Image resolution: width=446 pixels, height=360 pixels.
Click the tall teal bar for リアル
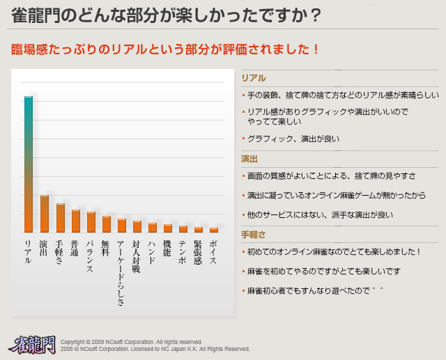pos(29,164)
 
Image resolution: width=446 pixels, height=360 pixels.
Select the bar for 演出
pos(44,214)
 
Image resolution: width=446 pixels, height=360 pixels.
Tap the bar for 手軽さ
pos(60,218)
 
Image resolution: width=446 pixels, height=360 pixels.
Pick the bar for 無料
pos(106,224)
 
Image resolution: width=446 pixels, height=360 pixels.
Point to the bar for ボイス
pos(213,230)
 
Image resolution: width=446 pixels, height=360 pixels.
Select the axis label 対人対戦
pos(137,256)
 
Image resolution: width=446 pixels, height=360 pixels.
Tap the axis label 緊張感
pos(198,253)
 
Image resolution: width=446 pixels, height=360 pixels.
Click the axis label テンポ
pos(183,250)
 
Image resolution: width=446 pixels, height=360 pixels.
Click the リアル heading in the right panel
pos(254,78)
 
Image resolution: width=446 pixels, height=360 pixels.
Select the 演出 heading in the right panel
pos(250,159)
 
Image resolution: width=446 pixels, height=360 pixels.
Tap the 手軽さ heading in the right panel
pos(254,235)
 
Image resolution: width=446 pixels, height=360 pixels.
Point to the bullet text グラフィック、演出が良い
pos(293,139)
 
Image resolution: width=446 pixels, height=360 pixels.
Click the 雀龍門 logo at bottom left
pos(32,343)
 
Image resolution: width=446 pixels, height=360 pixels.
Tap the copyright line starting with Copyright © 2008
pos(132,342)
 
